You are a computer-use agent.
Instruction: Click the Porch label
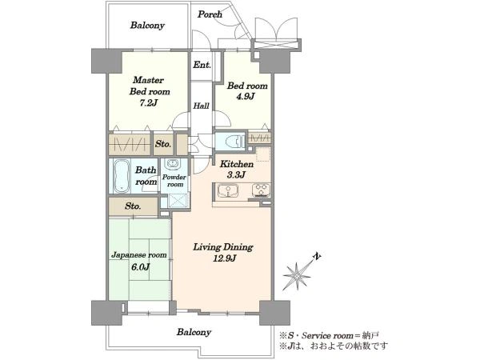point(210,14)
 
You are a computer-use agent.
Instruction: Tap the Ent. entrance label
point(202,65)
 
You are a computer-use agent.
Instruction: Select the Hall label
point(201,106)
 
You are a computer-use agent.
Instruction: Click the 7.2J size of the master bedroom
point(149,103)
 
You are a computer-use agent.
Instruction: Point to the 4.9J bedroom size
point(246,97)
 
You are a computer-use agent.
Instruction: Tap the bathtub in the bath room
point(122,176)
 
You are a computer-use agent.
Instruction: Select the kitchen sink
point(228,190)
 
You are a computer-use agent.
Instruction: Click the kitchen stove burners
point(261,190)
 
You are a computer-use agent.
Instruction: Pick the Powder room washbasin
point(173,164)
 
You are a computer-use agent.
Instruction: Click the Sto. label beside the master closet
point(163,144)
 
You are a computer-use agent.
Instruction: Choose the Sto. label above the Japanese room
point(133,206)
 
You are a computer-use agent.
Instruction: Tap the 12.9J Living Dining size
point(224,258)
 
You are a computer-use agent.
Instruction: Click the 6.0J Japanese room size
point(140,267)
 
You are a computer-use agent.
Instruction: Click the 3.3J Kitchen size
point(236,175)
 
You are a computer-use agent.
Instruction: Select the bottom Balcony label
point(194,332)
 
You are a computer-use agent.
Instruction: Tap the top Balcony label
point(147,25)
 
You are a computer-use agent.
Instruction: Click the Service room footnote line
point(330,336)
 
